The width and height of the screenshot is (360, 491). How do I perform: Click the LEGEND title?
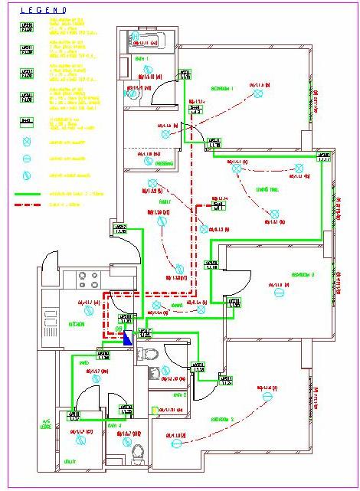43,10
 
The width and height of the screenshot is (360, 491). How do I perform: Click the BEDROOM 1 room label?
221,89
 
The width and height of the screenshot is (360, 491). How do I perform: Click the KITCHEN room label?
77,324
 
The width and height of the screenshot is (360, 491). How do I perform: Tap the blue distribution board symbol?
127,337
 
